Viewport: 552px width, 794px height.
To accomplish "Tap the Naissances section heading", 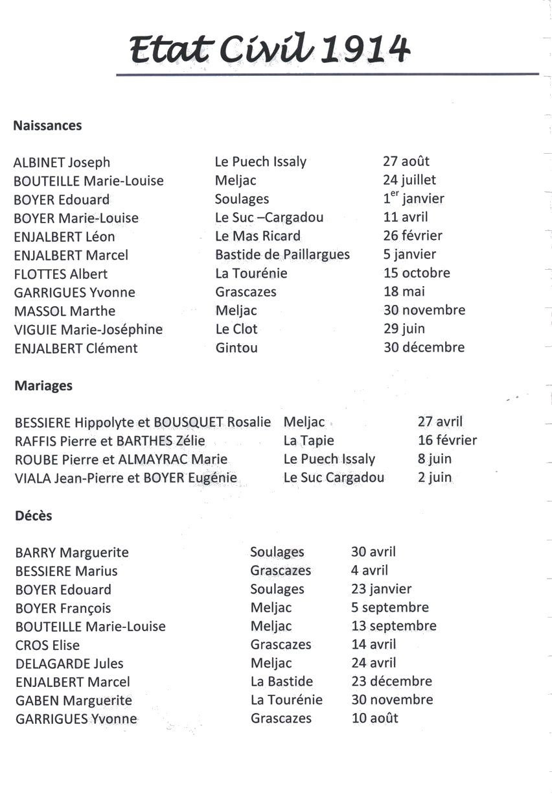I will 47,126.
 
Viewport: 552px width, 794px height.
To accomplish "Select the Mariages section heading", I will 43,386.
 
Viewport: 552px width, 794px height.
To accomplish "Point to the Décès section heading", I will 33,516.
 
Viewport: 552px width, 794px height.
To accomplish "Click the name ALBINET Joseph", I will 62,163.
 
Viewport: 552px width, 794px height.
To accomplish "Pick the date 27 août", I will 406,162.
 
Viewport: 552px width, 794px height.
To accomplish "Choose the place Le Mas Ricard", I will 258,236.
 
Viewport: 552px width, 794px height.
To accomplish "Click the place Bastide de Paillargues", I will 282,254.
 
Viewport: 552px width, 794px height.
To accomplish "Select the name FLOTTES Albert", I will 61,274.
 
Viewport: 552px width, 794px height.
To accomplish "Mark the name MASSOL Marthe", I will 65,311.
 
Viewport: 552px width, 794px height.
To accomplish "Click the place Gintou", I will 236,348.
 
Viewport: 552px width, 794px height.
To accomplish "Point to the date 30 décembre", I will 424,347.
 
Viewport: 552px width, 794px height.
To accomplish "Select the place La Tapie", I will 308,441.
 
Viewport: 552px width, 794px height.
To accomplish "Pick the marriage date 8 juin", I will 435,459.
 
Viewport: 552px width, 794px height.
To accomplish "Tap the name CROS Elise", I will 47,645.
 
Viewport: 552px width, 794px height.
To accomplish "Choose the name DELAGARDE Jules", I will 69,664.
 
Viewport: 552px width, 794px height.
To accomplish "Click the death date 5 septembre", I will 390,608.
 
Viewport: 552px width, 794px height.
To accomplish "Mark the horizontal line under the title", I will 327,75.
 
